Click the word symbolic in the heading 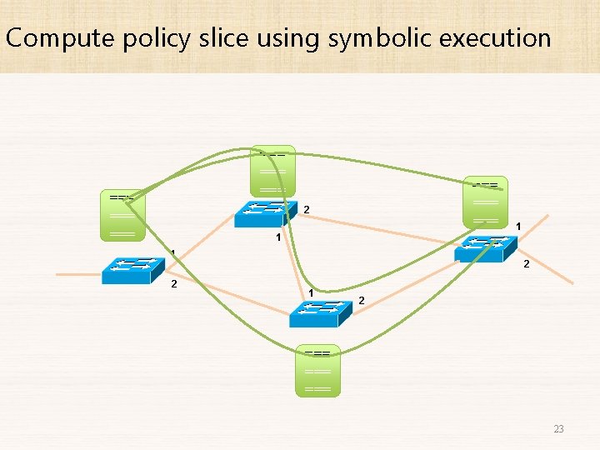click(x=371, y=38)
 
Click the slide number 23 click(x=558, y=429)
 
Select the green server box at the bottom click(x=318, y=371)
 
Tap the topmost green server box click(x=273, y=172)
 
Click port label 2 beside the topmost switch click(x=307, y=208)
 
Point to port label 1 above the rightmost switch click(x=518, y=226)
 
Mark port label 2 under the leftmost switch click(x=173, y=284)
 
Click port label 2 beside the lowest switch click(x=361, y=299)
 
